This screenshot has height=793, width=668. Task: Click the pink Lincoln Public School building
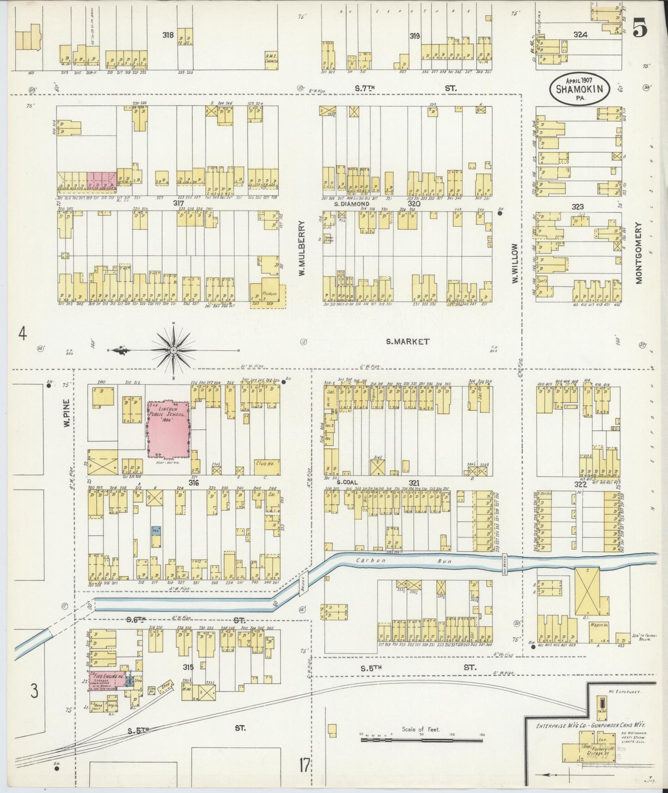[x=168, y=429]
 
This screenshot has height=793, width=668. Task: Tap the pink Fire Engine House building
[x=107, y=681]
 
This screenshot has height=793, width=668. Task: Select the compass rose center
[x=173, y=350]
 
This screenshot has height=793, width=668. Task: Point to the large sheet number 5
[x=640, y=29]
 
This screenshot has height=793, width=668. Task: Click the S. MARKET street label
[x=408, y=341]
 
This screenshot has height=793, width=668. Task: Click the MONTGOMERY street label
[x=639, y=253]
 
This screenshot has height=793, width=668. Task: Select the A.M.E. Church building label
[x=270, y=59]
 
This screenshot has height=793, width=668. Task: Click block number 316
[x=193, y=483]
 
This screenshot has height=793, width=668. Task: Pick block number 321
[x=414, y=483]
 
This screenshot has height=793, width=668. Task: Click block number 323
[x=577, y=206]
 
